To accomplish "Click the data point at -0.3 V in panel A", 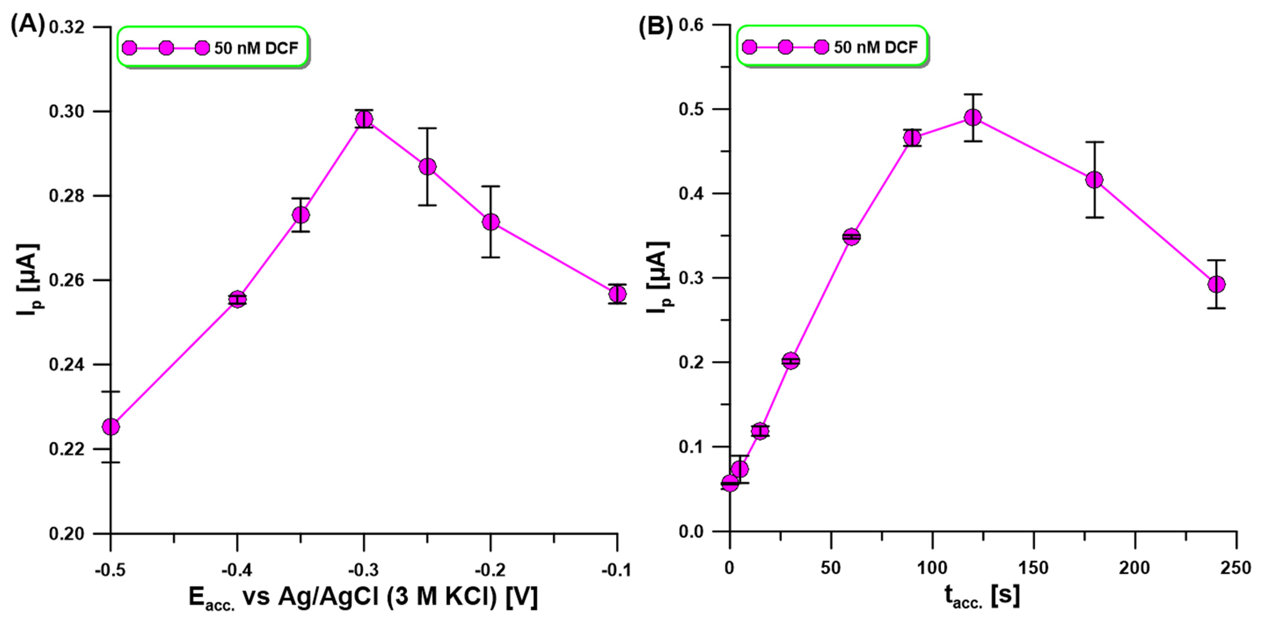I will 364,119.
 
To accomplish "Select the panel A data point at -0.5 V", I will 111,427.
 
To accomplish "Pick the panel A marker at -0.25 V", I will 428,167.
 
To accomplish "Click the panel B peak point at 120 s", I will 973,117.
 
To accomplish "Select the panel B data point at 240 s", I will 1216,284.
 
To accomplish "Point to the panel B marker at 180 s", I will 1094,180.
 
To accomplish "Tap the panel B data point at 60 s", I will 852,237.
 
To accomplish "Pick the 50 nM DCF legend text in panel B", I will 876,47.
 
